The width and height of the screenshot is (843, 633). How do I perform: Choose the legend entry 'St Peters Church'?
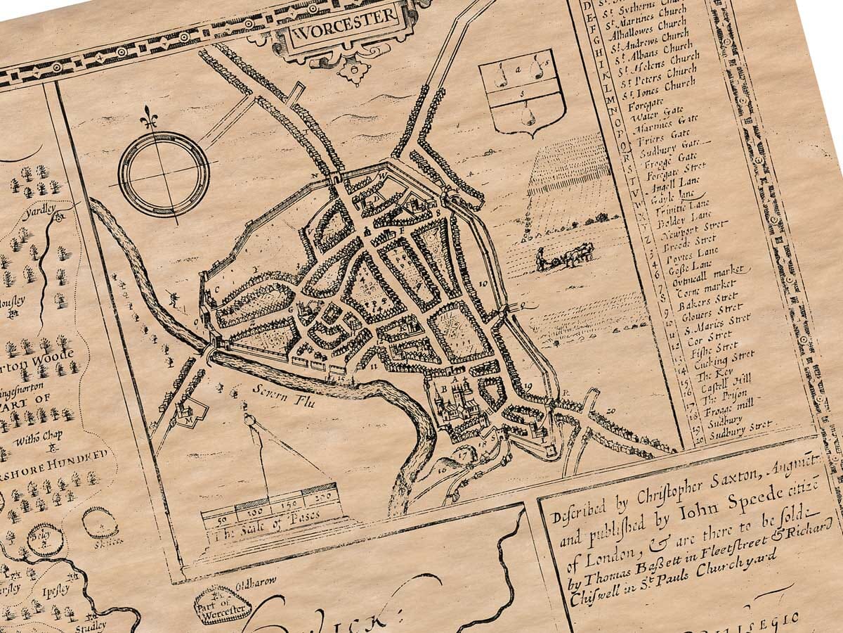(653, 79)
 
